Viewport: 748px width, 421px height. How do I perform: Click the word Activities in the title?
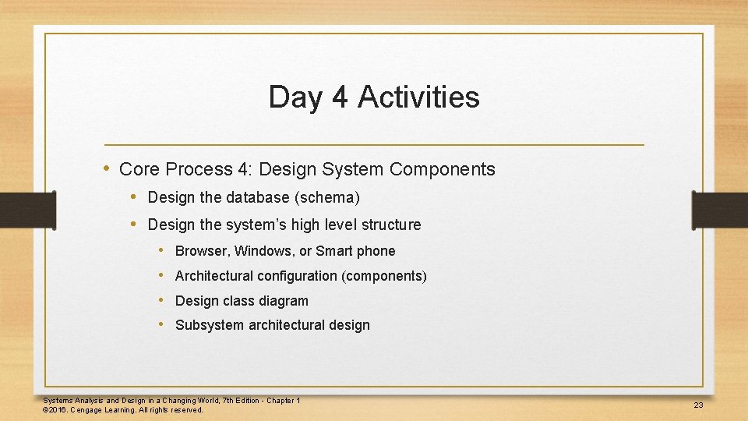[x=418, y=97]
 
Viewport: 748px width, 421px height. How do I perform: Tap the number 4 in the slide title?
[x=339, y=97]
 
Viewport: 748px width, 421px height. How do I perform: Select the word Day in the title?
[x=295, y=97]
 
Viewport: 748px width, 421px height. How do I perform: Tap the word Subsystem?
[x=210, y=325]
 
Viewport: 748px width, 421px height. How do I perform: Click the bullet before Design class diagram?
[x=161, y=300]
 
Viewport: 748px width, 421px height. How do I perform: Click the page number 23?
[x=698, y=405]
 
